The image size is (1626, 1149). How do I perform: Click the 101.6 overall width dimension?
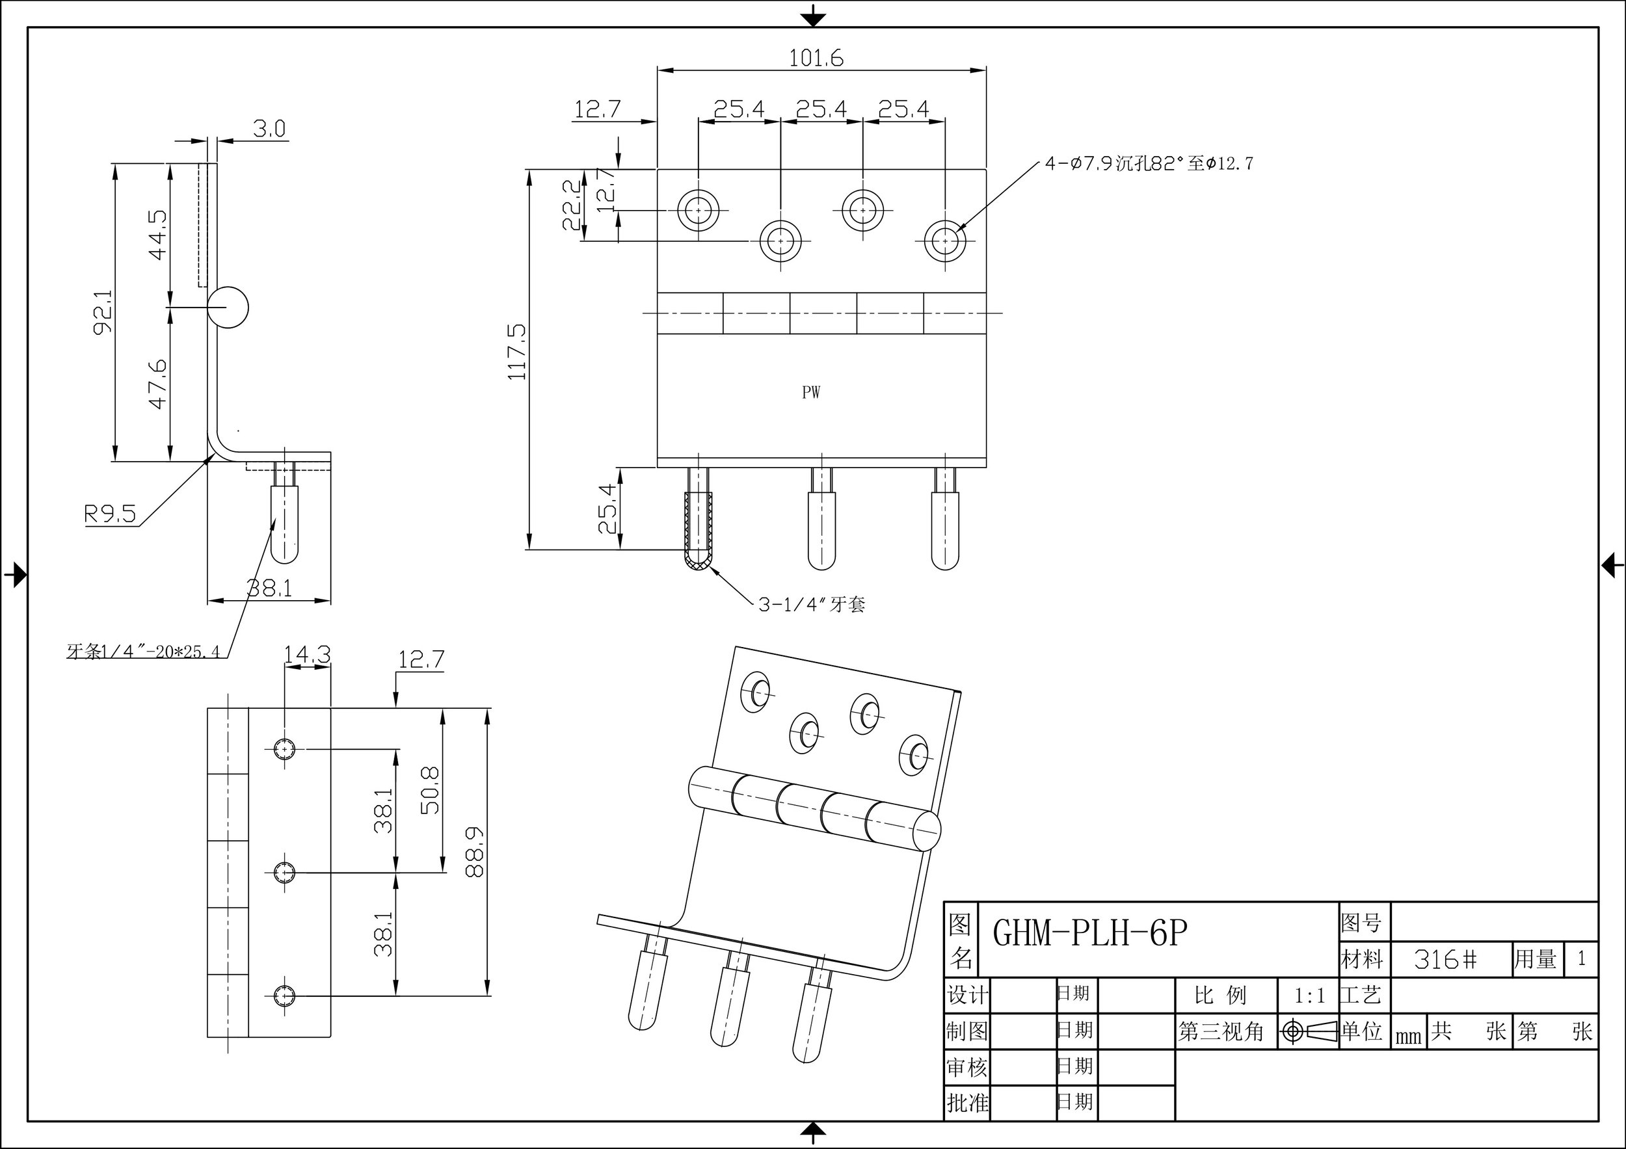[816, 58]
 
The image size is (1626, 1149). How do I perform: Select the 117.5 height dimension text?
[518, 352]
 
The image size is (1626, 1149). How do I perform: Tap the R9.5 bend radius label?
[110, 513]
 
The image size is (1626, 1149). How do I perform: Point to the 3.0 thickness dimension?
[269, 129]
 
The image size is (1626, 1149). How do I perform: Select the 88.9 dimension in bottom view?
[475, 852]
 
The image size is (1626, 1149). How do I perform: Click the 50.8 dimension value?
[431, 789]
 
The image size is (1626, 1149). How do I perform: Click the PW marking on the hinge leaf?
[811, 393]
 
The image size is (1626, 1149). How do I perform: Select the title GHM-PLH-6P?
[1089, 933]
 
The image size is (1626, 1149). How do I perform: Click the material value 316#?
[1445, 959]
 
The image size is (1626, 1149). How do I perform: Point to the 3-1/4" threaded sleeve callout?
[812, 605]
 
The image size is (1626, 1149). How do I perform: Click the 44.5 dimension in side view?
[158, 234]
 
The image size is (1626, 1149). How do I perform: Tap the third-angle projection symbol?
[1307, 1031]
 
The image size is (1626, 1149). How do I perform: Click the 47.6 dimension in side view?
[158, 384]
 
